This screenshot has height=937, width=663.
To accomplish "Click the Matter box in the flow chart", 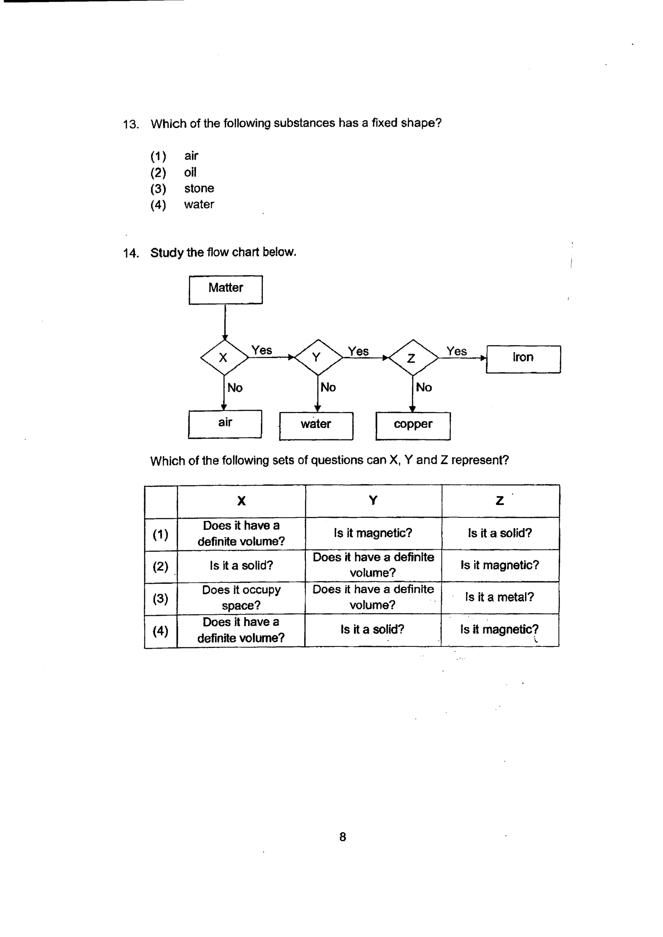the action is pyautogui.click(x=225, y=290).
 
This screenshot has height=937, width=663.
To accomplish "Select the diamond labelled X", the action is pyautogui.click(x=224, y=357).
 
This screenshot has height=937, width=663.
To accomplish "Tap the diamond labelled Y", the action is pyautogui.click(x=318, y=357).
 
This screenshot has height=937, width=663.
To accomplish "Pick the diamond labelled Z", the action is pyautogui.click(x=413, y=357).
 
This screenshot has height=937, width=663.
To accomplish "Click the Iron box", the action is pyautogui.click(x=524, y=359).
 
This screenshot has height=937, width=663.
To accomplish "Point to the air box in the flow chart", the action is pyautogui.click(x=225, y=424).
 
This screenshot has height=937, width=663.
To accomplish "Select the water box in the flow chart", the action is pyautogui.click(x=316, y=426).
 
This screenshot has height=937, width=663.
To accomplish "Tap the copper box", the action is pyautogui.click(x=413, y=426).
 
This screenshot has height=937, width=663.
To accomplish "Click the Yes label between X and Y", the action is pyautogui.click(x=262, y=350).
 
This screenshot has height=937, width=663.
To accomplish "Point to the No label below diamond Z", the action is pyautogui.click(x=424, y=387).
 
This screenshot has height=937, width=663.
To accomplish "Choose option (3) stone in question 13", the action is pyautogui.click(x=182, y=188).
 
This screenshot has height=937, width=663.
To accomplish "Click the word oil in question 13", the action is pyautogui.click(x=190, y=172).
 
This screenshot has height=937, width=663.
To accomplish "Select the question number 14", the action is pyautogui.click(x=131, y=253).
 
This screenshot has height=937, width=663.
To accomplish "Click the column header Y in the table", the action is pyautogui.click(x=373, y=500).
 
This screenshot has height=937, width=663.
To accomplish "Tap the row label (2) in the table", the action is pyautogui.click(x=160, y=566).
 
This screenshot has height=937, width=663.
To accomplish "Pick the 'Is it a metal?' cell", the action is pyautogui.click(x=500, y=598).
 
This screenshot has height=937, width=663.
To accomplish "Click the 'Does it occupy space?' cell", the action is pyautogui.click(x=241, y=598).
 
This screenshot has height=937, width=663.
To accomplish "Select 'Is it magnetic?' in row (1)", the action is pyautogui.click(x=373, y=533).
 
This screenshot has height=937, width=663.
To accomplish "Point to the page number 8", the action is pyautogui.click(x=342, y=837).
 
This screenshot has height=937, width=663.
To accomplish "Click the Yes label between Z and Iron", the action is pyautogui.click(x=457, y=351).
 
